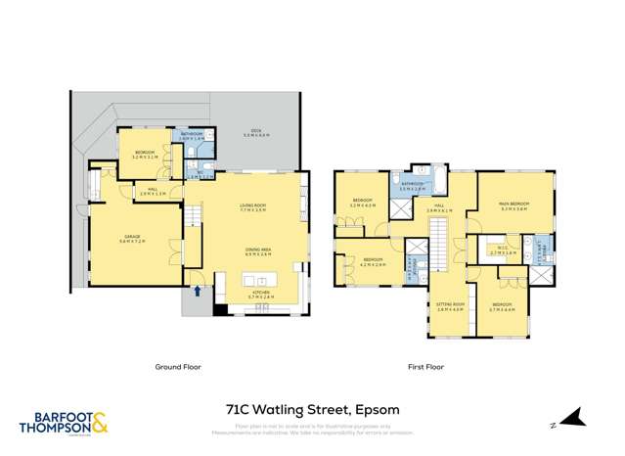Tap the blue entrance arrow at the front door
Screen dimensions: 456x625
(x=199, y=290)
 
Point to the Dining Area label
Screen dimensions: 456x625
(x=256, y=251)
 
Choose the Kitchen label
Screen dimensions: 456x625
(x=261, y=295)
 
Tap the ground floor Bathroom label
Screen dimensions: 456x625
(x=192, y=135)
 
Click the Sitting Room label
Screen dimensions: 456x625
(x=448, y=307)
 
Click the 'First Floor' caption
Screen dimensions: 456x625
(x=425, y=367)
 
